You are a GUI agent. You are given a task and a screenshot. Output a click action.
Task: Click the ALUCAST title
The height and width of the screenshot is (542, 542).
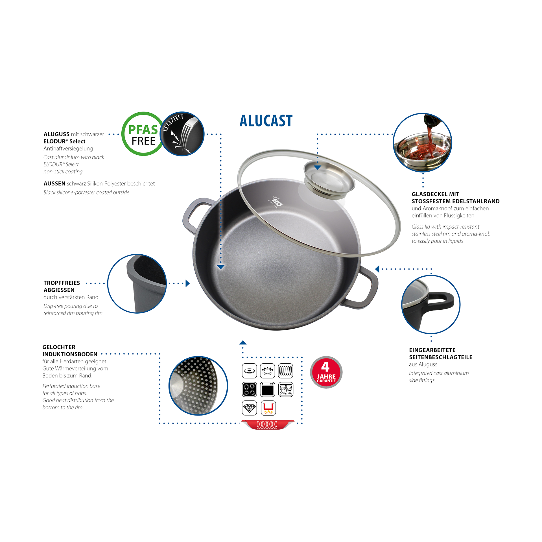point(266,121)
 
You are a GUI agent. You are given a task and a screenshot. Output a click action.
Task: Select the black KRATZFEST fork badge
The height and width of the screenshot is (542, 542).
point(182,134)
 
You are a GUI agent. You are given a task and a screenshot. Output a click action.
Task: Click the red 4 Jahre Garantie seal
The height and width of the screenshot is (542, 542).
point(326,372)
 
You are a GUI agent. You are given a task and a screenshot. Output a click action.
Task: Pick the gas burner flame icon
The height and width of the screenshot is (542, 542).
point(267,371)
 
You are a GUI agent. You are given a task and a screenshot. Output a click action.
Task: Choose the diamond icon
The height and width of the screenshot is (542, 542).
point(249,408)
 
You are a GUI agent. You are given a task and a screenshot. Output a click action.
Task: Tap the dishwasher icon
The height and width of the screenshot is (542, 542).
point(286,389)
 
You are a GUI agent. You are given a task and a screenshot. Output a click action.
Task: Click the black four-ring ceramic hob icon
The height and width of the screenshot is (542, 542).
point(249,389)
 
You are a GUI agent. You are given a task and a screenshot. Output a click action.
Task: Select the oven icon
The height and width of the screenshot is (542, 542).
point(267,389)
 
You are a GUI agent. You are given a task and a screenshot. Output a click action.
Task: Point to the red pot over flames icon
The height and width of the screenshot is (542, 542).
point(268,408)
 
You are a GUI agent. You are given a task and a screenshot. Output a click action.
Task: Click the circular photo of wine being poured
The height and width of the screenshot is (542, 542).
point(422,143)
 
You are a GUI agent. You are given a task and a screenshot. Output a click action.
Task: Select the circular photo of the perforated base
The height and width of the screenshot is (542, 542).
point(198,386)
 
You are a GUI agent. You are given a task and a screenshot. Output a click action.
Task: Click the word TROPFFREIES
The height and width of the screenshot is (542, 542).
point(62,283)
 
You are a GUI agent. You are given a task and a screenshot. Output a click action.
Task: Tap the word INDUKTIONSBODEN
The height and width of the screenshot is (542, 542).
point(70,354)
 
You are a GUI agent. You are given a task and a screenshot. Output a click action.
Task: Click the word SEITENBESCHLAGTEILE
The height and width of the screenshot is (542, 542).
point(441,357)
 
